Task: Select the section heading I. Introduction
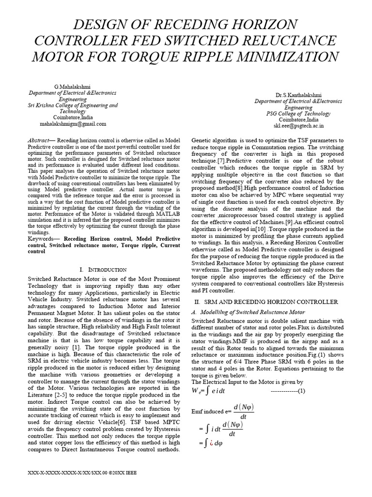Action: coord(102,269)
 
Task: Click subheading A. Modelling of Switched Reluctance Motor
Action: coord(248,312)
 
